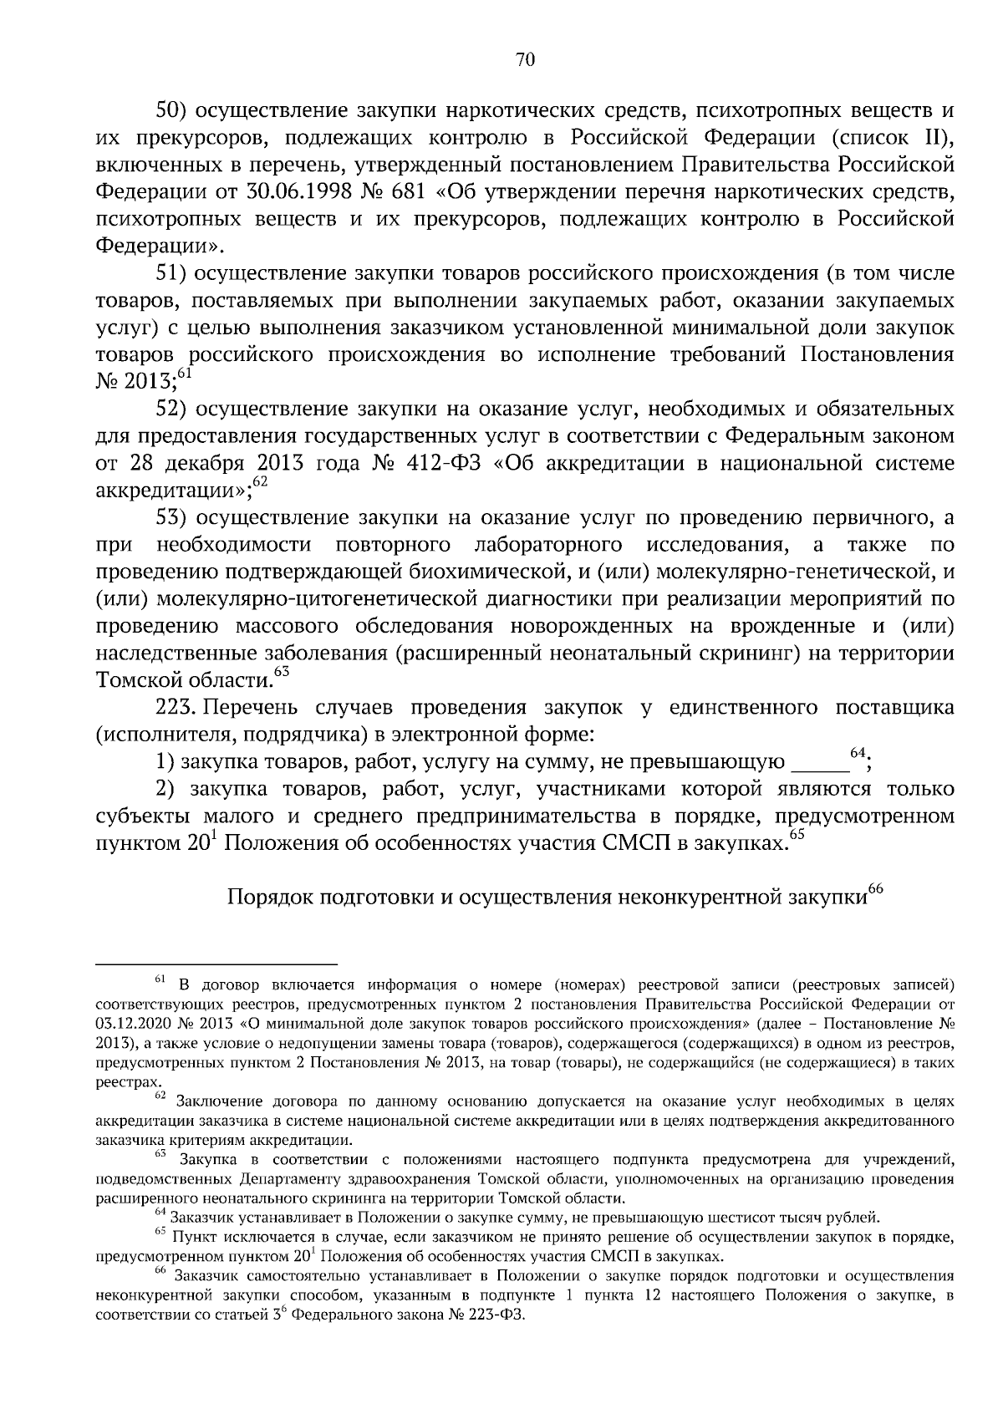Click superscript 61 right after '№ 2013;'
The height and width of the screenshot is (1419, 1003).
point(185,374)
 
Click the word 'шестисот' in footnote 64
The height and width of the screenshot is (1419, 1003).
point(740,1215)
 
